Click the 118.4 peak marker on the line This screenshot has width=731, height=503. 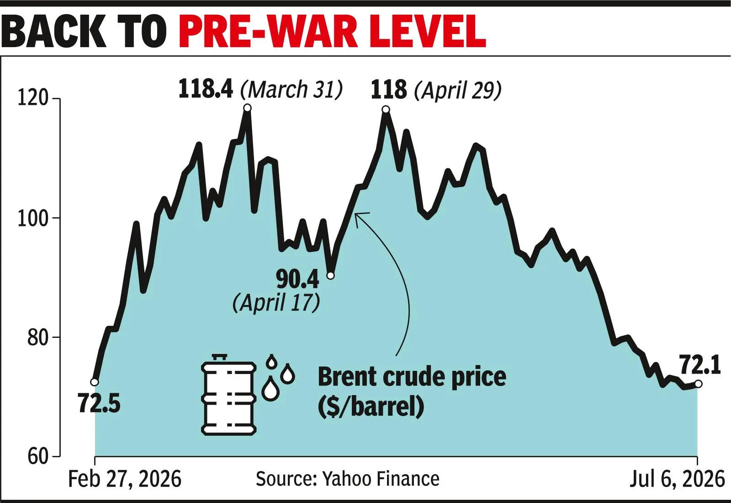point(247,108)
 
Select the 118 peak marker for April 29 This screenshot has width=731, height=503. point(386,109)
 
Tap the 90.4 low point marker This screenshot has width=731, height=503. point(331,276)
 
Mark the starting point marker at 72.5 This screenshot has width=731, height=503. point(94,382)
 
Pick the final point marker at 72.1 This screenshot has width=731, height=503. point(699,384)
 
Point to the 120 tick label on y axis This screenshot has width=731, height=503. point(32,98)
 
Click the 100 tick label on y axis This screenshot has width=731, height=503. point(32,219)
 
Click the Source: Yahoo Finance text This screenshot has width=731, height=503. point(348,479)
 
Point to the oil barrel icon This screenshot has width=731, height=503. point(228,395)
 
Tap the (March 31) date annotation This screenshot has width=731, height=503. point(291,89)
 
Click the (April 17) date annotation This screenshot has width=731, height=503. point(276,302)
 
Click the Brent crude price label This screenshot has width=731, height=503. point(412,377)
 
